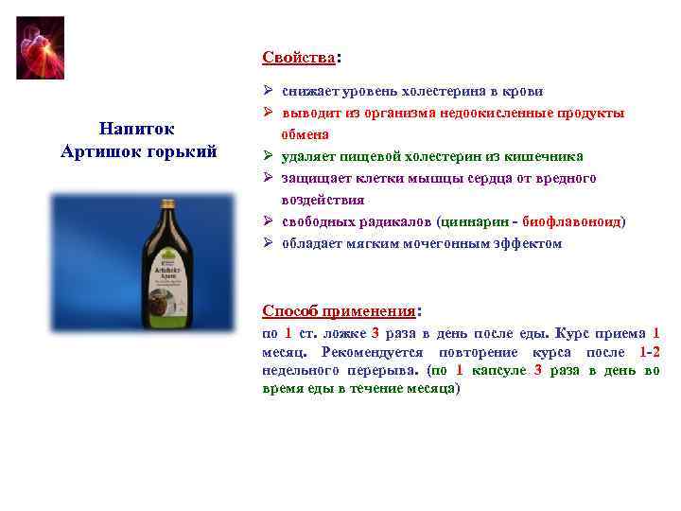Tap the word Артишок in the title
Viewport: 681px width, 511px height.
(98, 150)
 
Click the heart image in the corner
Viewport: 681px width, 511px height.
(40, 47)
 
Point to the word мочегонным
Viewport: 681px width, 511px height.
(445, 243)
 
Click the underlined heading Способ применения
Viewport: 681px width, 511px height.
(339, 310)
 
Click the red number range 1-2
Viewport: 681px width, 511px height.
(650, 352)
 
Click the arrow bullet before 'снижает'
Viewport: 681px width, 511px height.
(269, 92)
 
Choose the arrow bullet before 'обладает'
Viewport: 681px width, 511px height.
(269, 243)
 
